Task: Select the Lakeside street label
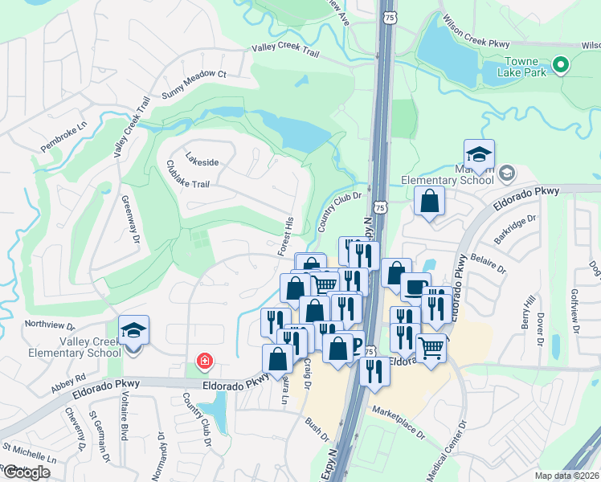coord(202,161)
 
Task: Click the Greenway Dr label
coord(130,221)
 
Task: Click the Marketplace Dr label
coord(398,423)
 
